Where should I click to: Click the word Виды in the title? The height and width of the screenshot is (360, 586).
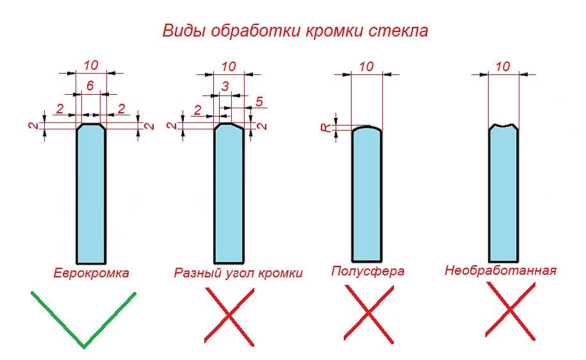(184, 31)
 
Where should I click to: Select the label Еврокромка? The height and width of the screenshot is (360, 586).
(91, 273)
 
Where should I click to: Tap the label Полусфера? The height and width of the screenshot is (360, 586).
(368, 271)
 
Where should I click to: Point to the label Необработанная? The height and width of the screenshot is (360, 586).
(500, 270)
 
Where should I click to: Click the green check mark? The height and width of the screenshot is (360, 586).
(83, 320)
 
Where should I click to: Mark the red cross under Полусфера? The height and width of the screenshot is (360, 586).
(369, 314)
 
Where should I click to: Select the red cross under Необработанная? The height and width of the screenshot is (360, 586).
(510, 311)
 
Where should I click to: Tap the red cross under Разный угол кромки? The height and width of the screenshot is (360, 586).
(229, 317)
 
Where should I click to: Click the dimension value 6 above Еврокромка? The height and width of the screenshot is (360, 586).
(90, 86)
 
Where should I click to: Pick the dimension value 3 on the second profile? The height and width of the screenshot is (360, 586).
(225, 86)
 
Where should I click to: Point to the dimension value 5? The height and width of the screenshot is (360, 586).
(259, 101)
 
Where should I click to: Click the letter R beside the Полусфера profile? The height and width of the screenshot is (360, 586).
(326, 127)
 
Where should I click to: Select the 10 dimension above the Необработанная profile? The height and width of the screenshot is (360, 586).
(503, 67)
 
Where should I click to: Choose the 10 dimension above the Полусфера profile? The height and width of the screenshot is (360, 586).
(366, 67)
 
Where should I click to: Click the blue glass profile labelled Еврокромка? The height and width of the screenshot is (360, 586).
(91, 193)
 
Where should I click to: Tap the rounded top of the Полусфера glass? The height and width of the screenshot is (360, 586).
(367, 127)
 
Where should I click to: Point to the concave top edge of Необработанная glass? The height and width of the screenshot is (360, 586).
(503, 126)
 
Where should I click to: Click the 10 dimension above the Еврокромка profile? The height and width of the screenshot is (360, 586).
(91, 65)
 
